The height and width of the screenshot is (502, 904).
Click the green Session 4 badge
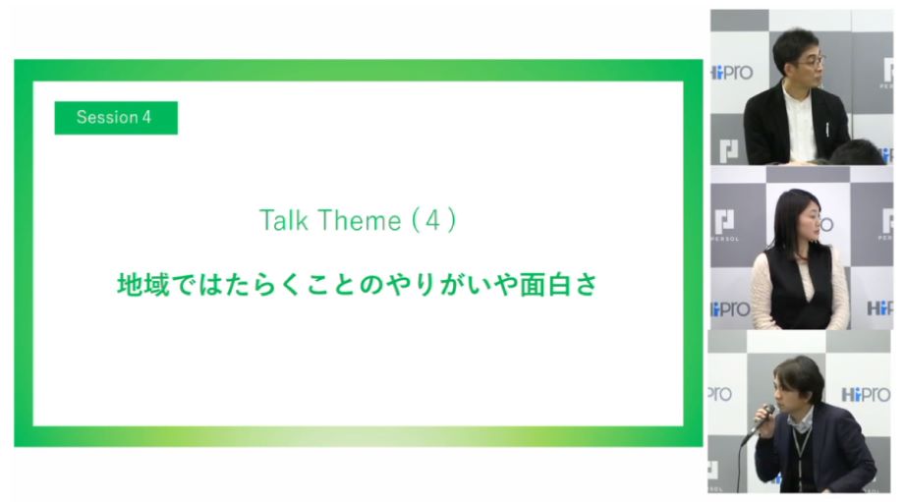[116, 118]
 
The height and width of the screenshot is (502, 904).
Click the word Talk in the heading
[283, 220]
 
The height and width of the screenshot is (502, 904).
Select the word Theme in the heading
[358, 220]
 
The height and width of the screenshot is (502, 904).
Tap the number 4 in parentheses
[433, 220]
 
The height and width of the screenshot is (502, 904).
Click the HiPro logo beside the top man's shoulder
[732, 73]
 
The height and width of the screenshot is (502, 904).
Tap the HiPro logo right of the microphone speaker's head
[866, 395]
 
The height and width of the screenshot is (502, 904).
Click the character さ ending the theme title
[587, 285]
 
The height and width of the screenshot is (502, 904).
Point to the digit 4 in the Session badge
[146, 118]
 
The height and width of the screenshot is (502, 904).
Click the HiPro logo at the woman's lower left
[731, 309]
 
